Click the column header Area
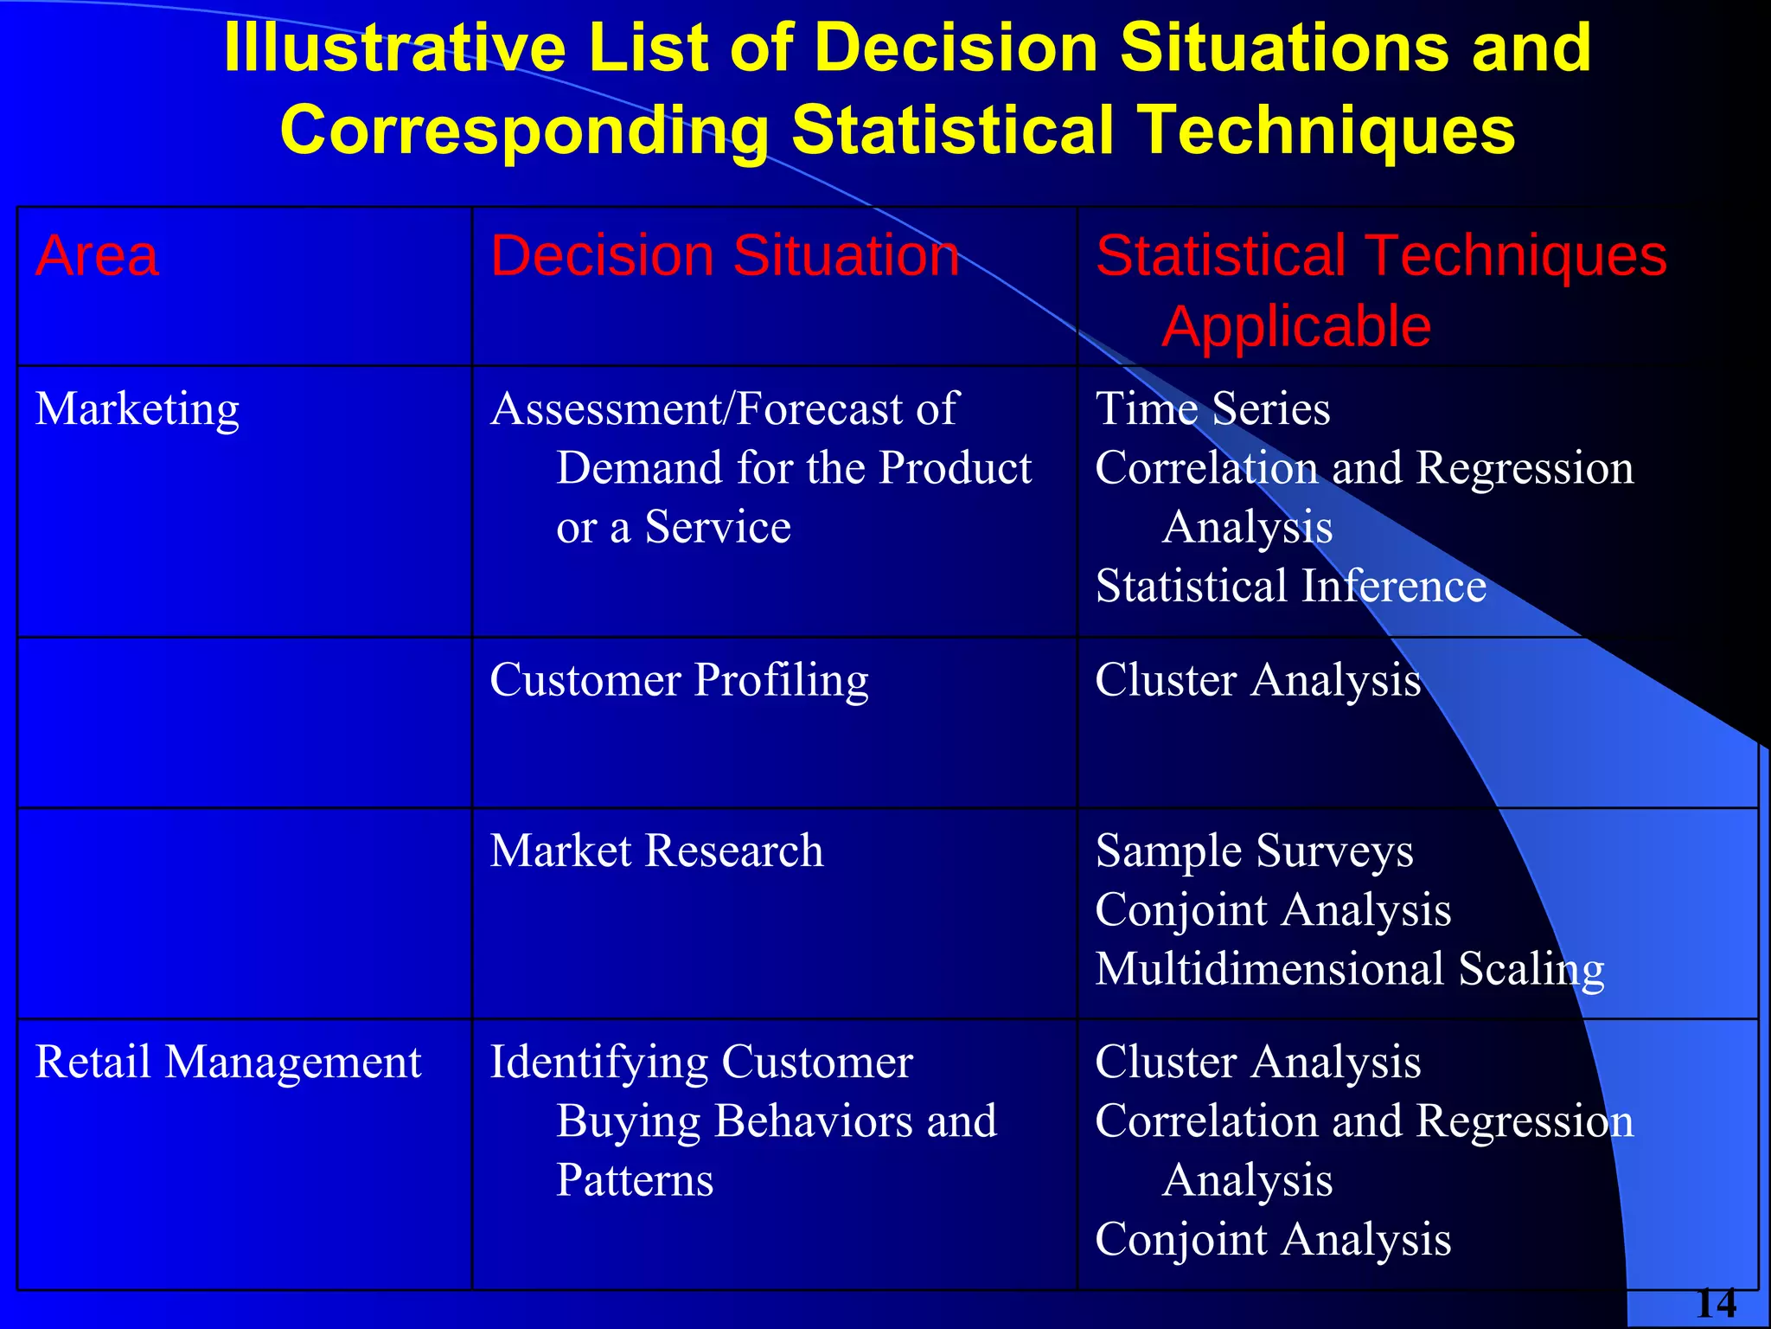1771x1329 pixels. pos(97,256)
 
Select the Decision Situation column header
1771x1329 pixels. pos(725,256)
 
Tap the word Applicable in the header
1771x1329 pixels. pos(1295,327)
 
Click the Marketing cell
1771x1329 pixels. pos(137,408)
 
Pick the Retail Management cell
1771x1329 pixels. pos(227,1062)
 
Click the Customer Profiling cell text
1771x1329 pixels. pos(679,680)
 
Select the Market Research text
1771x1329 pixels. pos(656,851)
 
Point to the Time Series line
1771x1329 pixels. pos(1212,408)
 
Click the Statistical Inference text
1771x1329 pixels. pos(1290,586)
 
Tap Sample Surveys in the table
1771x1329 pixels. pos(1254,851)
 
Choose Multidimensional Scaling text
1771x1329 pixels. pos(1349,969)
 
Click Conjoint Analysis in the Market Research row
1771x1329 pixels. pos(1273,910)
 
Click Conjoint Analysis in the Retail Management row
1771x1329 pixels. pos(1273,1240)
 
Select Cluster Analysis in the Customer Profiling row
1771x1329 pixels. pos(1257,680)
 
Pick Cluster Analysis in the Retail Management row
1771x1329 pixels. pos(1257,1062)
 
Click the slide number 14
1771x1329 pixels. pos(1716,1304)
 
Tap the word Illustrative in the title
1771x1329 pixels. pos(394,48)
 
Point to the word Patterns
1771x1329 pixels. pos(635,1180)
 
